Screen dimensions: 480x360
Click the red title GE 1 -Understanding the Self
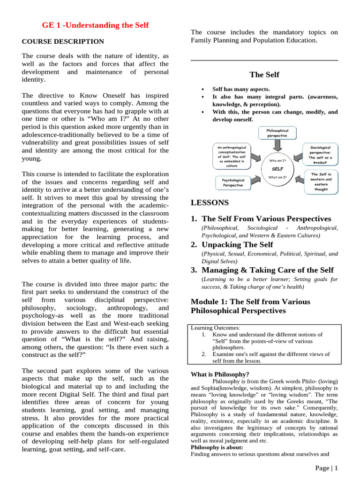pos(95,25)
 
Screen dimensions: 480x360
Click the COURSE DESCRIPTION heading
pos(63,41)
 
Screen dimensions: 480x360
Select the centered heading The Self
pos(264,75)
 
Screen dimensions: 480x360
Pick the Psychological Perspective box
pos(232,182)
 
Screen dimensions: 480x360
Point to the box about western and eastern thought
pos(321,182)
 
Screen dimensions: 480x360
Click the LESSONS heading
pos(210,203)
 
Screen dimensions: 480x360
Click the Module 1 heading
pos(250,306)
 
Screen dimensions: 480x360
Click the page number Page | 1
pos(326,468)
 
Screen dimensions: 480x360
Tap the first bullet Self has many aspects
pos(241,89)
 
